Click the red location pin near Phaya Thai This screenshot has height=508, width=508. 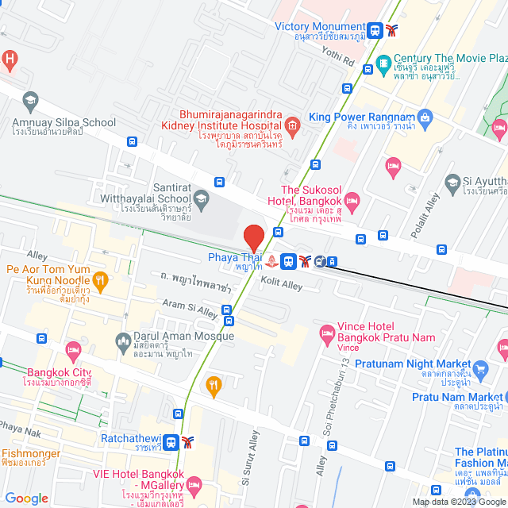[253, 237]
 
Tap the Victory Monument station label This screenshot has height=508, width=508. [320, 26]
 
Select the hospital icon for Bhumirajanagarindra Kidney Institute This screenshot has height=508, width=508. [292, 125]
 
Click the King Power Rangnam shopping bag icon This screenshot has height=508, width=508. [425, 117]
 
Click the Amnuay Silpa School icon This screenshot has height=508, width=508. [30, 100]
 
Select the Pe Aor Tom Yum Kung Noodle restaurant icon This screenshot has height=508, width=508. [100, 279]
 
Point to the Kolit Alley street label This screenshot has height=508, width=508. [282, 283]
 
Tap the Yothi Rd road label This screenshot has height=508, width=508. [339, 56]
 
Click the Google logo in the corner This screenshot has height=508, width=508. [26, 498]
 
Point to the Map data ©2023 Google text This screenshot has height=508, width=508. [459, 502]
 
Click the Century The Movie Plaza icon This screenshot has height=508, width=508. [383, 61]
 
